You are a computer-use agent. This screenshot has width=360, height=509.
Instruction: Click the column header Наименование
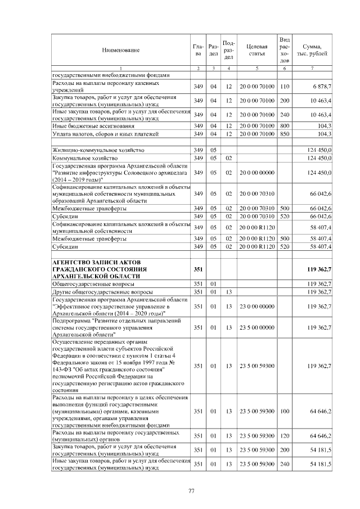[x=121, y=51]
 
